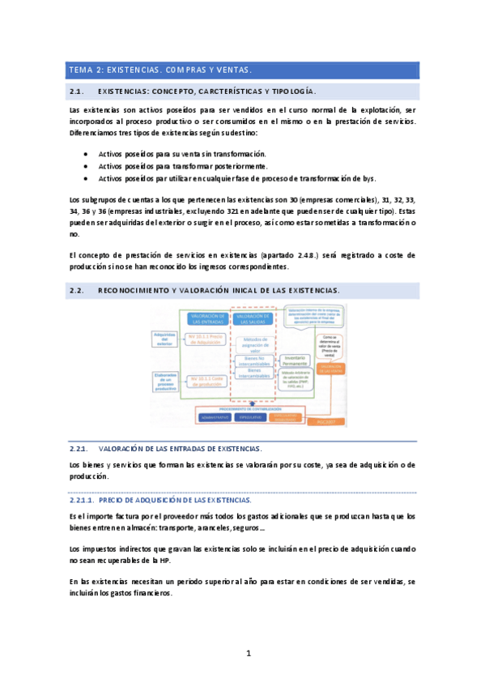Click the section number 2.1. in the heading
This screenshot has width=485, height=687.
point(79,92)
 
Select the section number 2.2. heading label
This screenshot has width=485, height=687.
point(79,290)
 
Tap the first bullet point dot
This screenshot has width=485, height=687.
point(87,153)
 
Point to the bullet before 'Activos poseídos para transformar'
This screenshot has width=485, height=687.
point(87,165)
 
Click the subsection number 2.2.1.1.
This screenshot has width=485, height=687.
point(83,500)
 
